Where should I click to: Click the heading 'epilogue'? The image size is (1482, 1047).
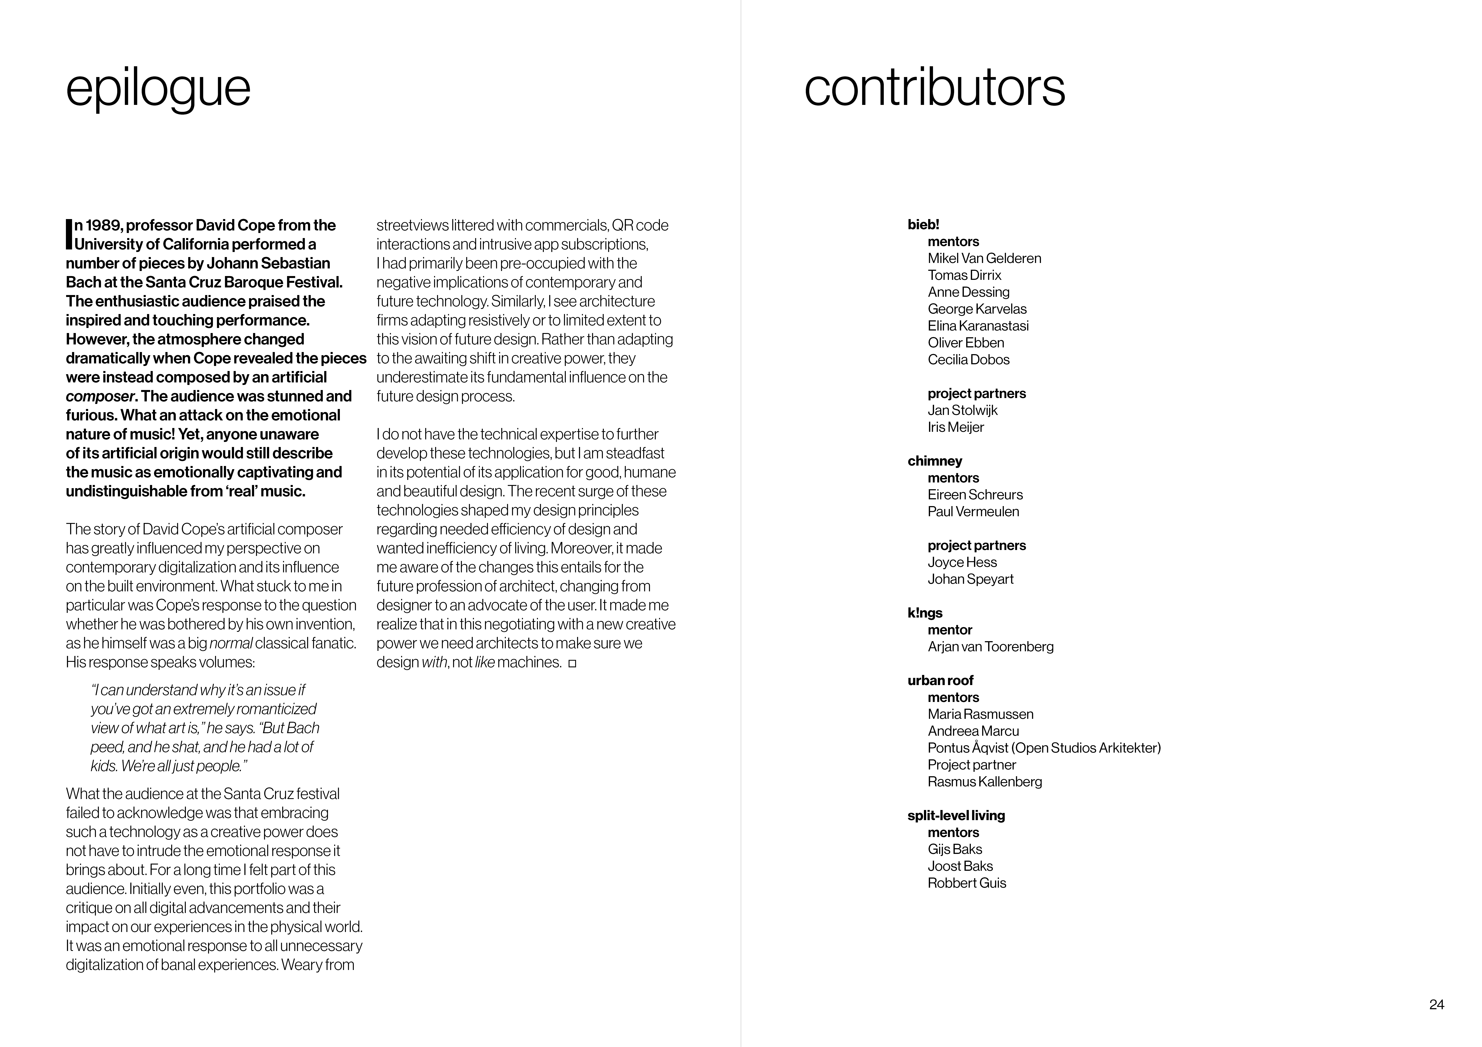click(158, 88)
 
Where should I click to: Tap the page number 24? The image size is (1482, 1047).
click(1436, 1004)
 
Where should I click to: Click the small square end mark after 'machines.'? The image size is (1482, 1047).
click(572, 663)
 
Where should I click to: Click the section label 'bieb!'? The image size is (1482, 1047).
click(923, 225)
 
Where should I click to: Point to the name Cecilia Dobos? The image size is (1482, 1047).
click(968, 359)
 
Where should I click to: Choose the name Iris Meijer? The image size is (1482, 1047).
click(955, 427)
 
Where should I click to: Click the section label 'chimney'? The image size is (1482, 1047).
click(934, 461)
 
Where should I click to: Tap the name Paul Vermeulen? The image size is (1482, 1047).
click(973, 512)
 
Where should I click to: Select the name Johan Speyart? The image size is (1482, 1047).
click(970, 579)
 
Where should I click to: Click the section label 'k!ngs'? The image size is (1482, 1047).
click(924, 613)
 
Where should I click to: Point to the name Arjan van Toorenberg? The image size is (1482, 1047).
click(990, 646)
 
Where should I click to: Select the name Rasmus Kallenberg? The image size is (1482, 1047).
click(984, 782)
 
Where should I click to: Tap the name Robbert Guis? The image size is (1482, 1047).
click(966, 883)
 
